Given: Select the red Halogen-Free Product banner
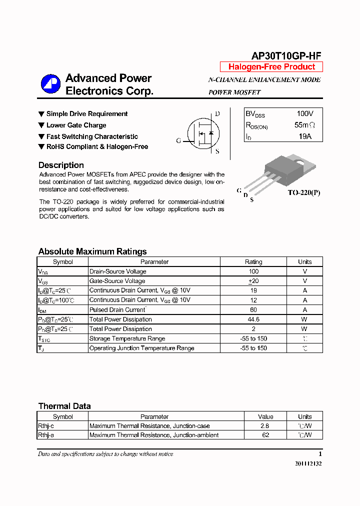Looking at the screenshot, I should pos(271,67).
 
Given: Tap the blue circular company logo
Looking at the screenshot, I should pos(50,84).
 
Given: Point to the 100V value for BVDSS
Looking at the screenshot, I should pos(305,114).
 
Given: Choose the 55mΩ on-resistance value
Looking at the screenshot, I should pos(305,125).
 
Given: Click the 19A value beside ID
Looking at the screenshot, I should pos(305,136).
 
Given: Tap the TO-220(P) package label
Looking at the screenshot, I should pos(303,192).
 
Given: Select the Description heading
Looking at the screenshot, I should pos(61,165).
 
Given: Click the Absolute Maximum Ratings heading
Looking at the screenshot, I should pos(92,251).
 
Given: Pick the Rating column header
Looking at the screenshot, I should pos(253,262).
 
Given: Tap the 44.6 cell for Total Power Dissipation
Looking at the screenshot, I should pos(253,319).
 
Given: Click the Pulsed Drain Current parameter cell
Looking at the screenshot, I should pos(117,310).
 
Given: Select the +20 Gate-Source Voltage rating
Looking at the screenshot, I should pos(253,281).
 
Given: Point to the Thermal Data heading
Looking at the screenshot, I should pos(64,406).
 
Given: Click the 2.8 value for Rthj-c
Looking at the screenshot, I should pos(265,426).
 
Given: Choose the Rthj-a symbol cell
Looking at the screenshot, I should pos(46,435).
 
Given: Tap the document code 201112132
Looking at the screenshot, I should pos(308,464).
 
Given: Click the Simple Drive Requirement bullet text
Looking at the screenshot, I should pos(87,114).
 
